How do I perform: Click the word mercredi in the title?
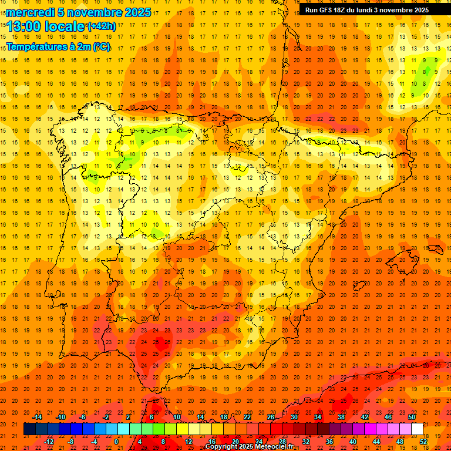click(30, 12)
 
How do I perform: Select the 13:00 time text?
click(25, 26)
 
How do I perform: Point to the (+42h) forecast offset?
click(101, 26)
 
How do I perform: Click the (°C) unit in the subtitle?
click(100, 46)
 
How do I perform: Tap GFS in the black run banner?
click(325, 10)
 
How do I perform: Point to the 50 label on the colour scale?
click(412, 417)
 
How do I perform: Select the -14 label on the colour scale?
click(37, 417)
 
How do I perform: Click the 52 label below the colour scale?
click(423, 442)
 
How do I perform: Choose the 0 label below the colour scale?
click(116, 442)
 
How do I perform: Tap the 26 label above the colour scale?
click(271, 417)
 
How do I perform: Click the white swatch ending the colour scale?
click(417, 429)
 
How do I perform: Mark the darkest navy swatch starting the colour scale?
click(29, 429)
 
